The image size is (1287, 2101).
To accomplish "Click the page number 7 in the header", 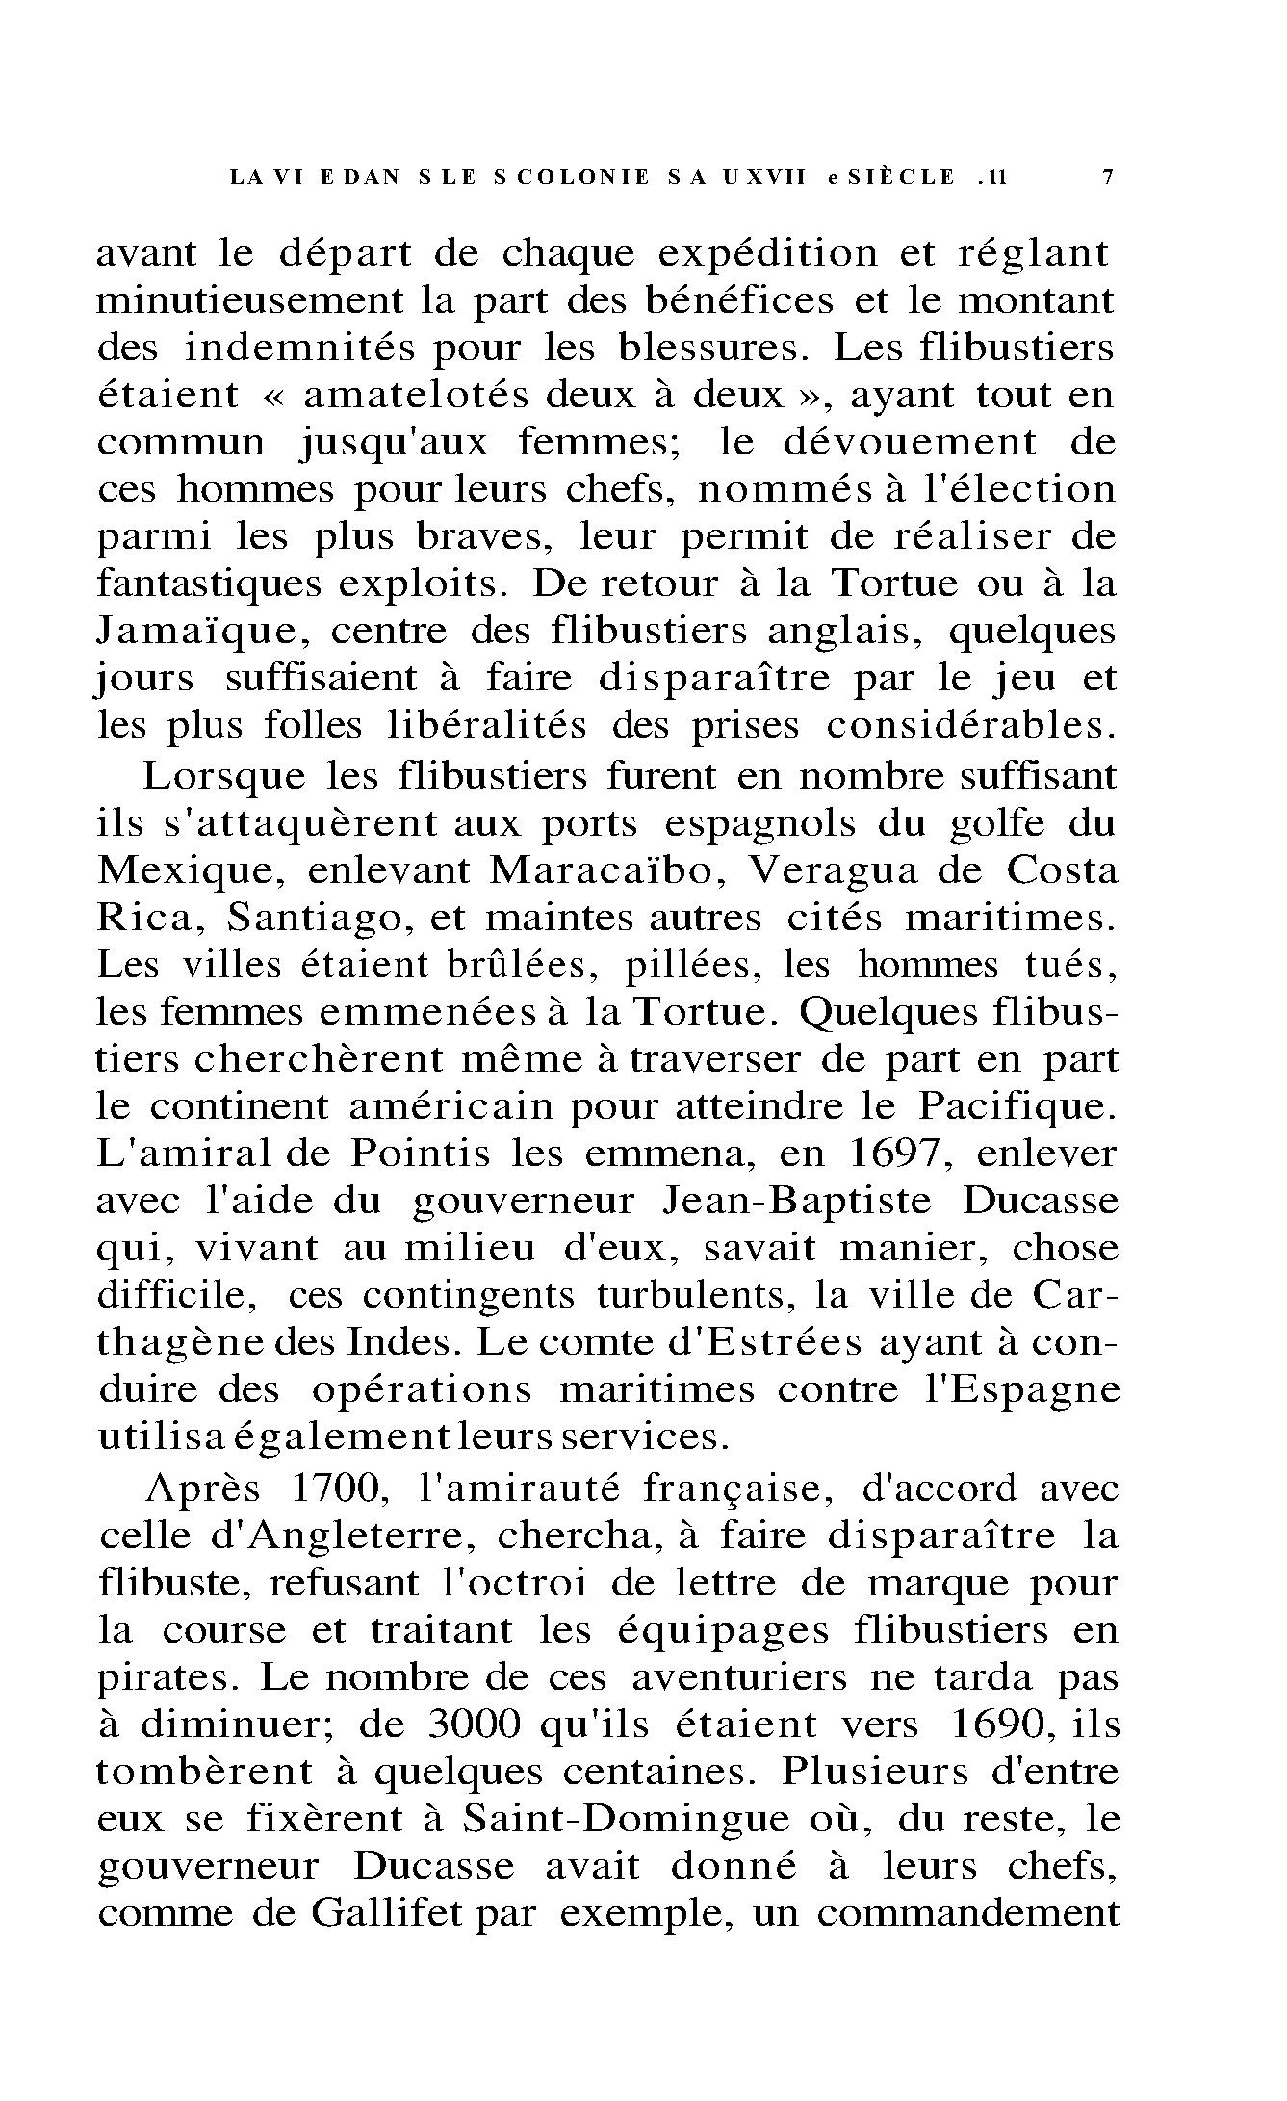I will pyautogui.click(x=1107, y=177).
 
